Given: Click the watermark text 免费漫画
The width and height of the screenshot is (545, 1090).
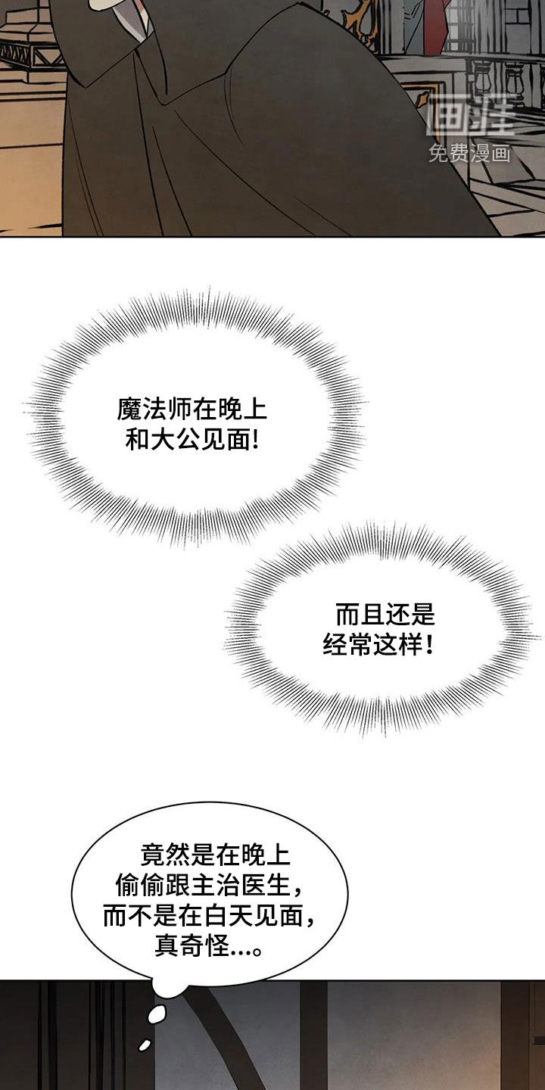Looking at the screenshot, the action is pos(469,154).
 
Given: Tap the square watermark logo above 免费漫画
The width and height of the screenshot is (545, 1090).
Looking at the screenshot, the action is pos(470,116).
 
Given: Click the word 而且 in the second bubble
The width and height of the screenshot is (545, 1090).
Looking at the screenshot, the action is pos(360,615).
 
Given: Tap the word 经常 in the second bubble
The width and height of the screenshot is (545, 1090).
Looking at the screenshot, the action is pos(347,646).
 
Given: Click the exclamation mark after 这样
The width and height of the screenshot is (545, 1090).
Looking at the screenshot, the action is pos(428,646).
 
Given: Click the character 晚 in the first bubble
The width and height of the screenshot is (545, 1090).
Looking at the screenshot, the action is pos(229,410).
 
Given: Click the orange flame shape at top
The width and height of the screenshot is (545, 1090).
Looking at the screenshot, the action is pos(357,19).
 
